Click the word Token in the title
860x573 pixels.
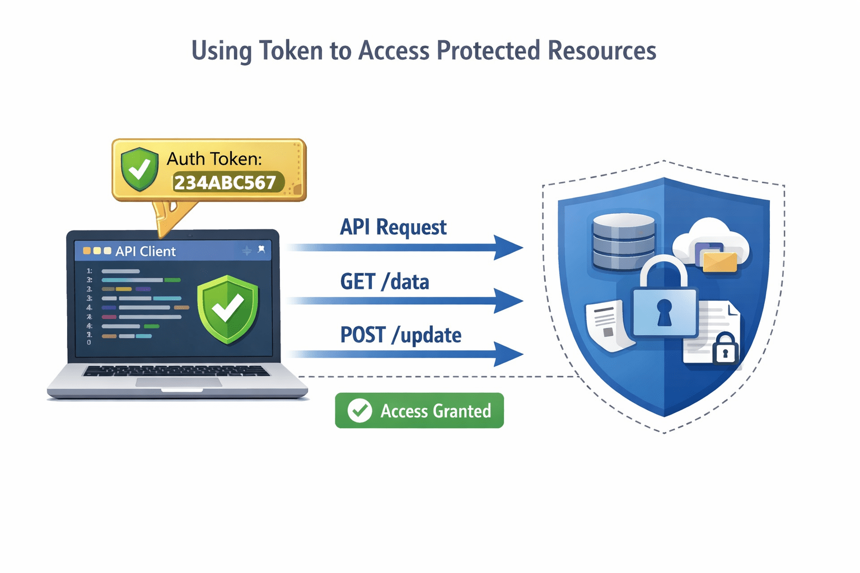291,51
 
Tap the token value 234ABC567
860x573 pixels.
225,182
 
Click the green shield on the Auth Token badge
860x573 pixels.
139,168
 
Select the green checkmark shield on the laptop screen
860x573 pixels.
227,308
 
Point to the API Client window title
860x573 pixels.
145,251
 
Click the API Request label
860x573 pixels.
393,227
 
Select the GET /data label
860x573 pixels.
385,281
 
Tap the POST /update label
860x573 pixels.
401,335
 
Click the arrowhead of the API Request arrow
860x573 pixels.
508,247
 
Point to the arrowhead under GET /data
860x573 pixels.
508,301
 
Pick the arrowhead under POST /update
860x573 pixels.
508,355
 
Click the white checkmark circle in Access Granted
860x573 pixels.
359,411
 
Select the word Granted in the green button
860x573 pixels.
462,411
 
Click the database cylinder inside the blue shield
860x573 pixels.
623,242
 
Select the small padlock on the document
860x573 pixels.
726,349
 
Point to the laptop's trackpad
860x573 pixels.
179,382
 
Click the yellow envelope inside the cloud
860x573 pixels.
720,261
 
